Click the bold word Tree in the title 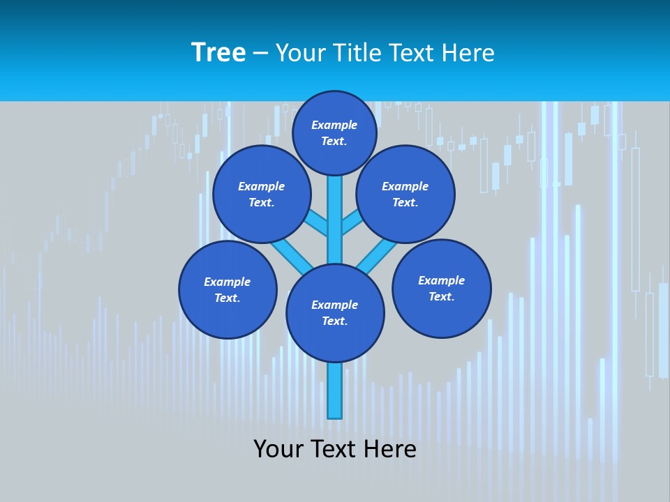218,52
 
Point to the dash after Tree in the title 260,54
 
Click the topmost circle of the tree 334,132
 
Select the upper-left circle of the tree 262,194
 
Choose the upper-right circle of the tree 405,194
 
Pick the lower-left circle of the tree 228,289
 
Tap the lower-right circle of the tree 441,288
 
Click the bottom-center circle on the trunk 335,312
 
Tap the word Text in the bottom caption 334,449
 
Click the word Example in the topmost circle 334,125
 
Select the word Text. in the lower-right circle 441,296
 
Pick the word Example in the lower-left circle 228,282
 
